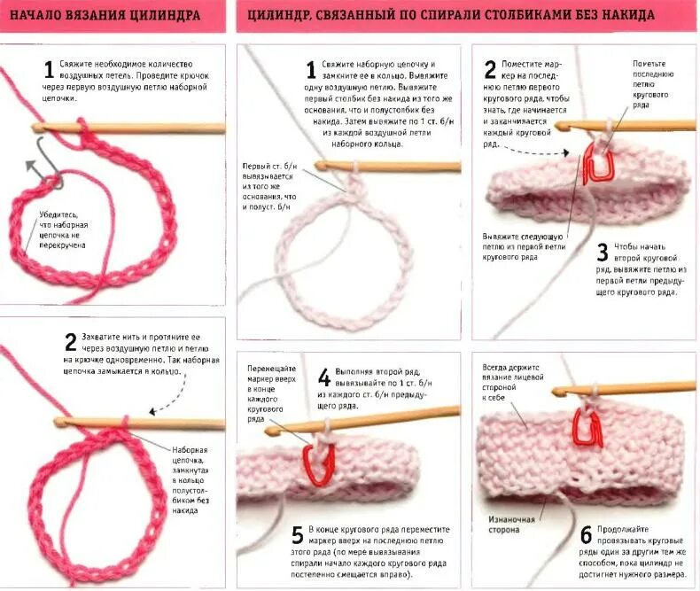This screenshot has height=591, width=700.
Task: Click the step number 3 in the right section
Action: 602,253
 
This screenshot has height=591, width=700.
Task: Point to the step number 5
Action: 298,536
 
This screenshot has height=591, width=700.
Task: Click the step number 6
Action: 586,534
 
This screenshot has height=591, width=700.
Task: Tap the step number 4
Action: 324,377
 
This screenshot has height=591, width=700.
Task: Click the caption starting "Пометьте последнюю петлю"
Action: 655,84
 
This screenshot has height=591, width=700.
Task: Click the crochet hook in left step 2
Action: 133,423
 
